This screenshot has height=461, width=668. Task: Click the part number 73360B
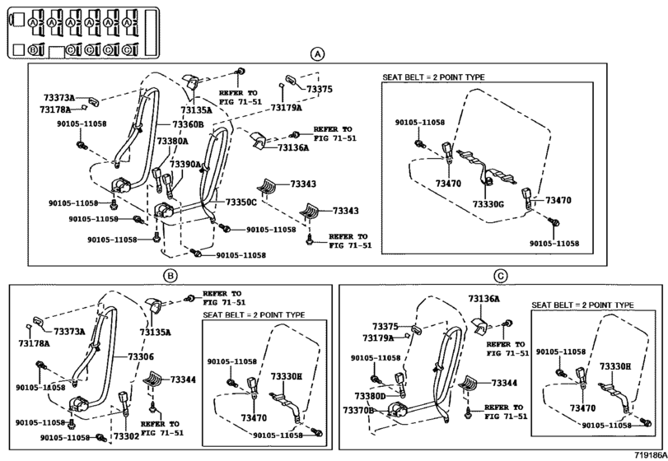point(188,124)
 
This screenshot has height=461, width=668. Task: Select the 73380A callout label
point(172,141)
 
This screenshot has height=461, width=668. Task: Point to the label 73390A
point(185,165)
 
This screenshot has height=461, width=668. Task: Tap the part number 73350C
point(241,203)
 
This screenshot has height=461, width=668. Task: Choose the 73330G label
point(488,204)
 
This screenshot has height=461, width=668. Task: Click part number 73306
point(141,356)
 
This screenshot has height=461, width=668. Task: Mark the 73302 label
point(126,437)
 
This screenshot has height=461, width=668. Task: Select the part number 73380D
point(370,396)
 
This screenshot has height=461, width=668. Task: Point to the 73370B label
point(358,410)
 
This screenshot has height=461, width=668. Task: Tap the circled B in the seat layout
point(33,49)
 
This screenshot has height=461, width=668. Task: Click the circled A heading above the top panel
point(317,54)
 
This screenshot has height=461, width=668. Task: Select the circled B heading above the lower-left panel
point(170,277)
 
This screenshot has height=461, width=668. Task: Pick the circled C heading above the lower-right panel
point(501,277)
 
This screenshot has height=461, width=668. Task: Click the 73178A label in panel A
point(55,109)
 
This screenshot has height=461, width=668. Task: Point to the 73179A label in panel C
point(378,338)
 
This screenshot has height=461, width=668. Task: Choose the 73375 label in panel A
point(320,90)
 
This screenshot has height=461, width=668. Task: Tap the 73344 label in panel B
point(183,380)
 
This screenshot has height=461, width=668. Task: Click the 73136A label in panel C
point(484,299)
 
